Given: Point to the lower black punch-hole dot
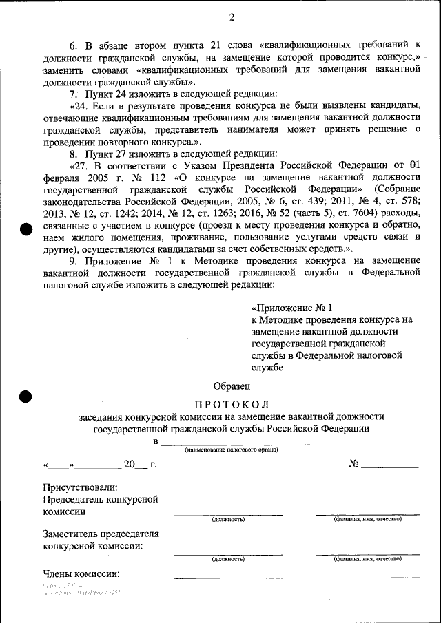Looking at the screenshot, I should pos(26,396).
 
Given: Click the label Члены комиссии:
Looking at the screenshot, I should pos(81,573).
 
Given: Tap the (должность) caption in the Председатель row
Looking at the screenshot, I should pos(228,520).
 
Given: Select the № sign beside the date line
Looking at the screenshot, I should pos(354,463).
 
